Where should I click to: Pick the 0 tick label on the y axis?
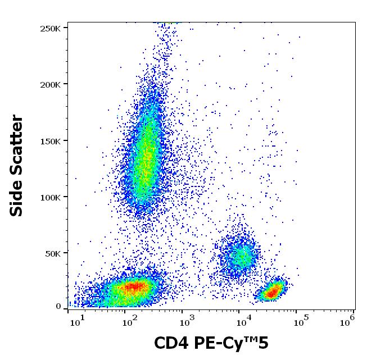pos(58,307)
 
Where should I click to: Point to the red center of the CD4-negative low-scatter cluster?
pos(134,287)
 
